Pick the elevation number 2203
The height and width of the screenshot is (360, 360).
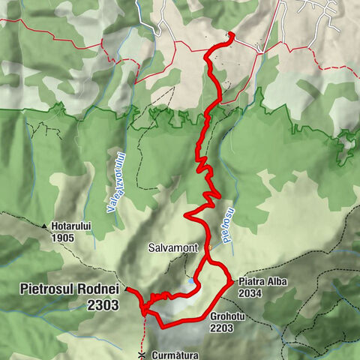[226, 328]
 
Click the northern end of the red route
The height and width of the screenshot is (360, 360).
[231, 34]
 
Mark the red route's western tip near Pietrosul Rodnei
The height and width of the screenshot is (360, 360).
[126, 288]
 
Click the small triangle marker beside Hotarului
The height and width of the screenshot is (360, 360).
[45, 226]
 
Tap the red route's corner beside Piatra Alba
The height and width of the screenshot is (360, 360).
[229, 280]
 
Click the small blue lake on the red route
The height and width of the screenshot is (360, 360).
[193, 280]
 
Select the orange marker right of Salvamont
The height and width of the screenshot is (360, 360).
[213, 244]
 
